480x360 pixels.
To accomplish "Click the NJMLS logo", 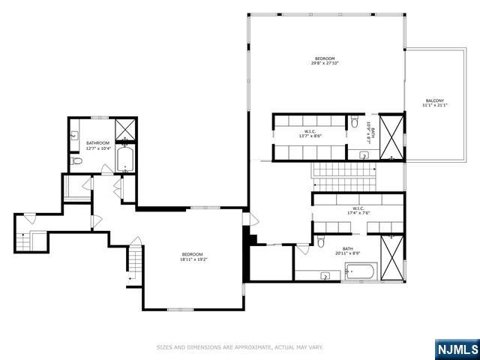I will pos(457,349).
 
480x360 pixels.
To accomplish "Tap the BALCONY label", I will pos(434,100).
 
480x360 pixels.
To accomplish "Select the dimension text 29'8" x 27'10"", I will pos(325,64).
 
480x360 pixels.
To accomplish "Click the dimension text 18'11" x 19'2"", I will pos(193,259).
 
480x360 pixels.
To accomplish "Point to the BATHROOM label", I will pos(97,142).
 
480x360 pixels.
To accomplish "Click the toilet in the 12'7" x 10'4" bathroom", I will pos(76,160).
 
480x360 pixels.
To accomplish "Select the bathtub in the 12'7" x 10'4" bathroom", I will pos(125,160).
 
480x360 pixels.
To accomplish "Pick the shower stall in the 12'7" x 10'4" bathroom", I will pos(125,129).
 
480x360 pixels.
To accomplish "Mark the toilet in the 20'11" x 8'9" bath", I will pos(320,241).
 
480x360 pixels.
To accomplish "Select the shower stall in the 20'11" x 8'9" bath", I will pos(391,247).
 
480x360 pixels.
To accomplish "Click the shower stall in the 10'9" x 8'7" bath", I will pos(391,136).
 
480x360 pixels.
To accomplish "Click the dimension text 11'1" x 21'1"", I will pos(434,105).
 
